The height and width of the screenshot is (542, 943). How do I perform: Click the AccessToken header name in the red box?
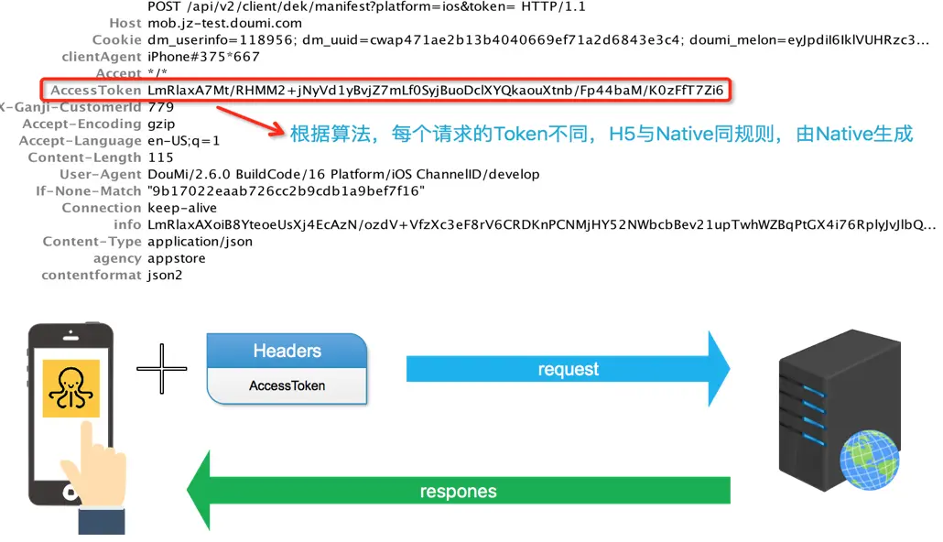96,91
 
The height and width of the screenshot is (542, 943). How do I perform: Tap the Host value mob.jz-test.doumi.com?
223,23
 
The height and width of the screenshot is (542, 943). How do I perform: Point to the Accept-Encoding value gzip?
161,124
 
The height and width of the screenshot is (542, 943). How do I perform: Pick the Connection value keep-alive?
182,208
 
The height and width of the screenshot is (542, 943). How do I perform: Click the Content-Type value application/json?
200,242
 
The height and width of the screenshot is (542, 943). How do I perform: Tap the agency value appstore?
176,258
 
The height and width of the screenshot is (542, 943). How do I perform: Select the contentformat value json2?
165,275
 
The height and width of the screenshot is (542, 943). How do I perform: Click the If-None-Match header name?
89,191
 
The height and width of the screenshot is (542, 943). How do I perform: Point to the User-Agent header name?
101,174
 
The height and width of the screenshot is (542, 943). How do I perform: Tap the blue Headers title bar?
287,351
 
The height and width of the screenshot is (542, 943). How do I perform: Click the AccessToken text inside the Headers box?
287,385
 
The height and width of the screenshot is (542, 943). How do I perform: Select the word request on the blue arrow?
568,369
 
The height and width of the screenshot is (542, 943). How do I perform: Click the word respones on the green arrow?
458,492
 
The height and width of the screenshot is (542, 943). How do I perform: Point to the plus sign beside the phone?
162,369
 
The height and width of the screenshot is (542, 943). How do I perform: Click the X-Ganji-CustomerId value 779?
160,107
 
